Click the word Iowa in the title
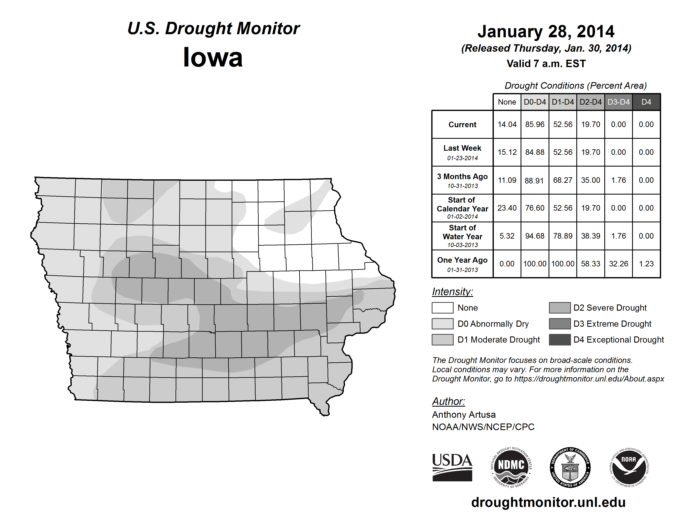click(x=213, y=57)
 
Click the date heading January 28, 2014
click(x=546, y=31)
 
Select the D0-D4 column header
click(x=535, y=102)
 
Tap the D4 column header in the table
click(x=646, y=102)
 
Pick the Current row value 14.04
click(x=507, y=124)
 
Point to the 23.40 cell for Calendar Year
click(x=507, y=208)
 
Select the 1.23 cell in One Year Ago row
click(x=646, y=264)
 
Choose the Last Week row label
click(x=462, y=152)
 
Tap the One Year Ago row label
click(x=462, y=264)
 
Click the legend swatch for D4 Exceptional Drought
click(x=560, y=340)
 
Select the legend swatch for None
click(x=442, y=308)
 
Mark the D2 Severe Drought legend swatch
click(x=560, y=308)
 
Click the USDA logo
click(x=452, y=467)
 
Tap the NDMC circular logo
click(x=511, y=467)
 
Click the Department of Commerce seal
click(x=570, y=467)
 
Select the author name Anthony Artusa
click(x=464, y=415)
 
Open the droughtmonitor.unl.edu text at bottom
click(x=548, y=502)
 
